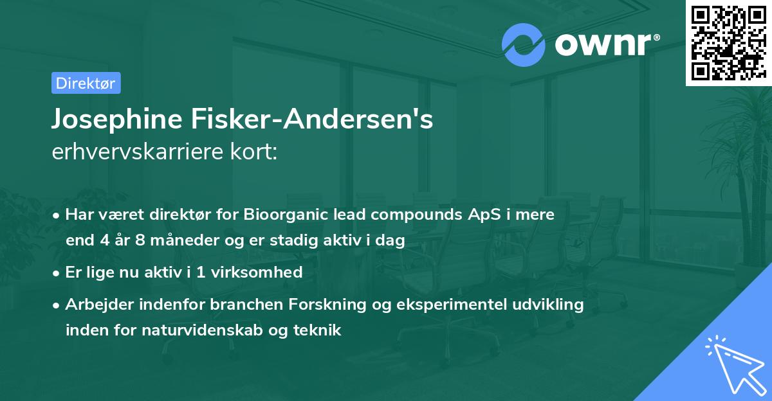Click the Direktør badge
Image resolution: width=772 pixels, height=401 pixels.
(86, 83)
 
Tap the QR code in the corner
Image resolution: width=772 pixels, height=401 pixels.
(728, 42)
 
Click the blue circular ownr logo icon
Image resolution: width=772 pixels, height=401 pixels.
(523, 44)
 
